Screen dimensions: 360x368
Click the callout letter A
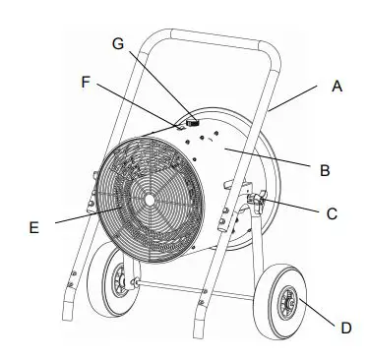point(337,87)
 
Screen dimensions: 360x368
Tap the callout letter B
point(325,169)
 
